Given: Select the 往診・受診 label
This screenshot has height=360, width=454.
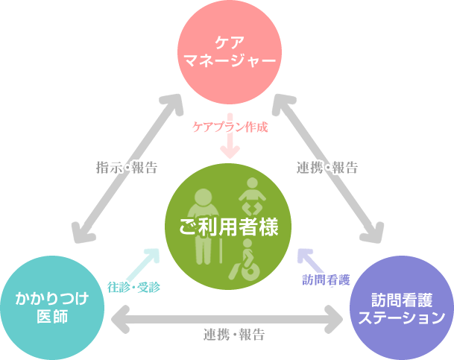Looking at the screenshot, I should pos(133,285).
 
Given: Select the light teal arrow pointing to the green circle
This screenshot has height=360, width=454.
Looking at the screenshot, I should pos(147,262).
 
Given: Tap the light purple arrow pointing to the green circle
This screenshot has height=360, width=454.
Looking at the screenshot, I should pos(309,261).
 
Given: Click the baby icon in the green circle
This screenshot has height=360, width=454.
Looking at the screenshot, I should pos(251,197).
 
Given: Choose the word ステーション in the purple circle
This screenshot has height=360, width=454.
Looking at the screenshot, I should pos(402,318).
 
